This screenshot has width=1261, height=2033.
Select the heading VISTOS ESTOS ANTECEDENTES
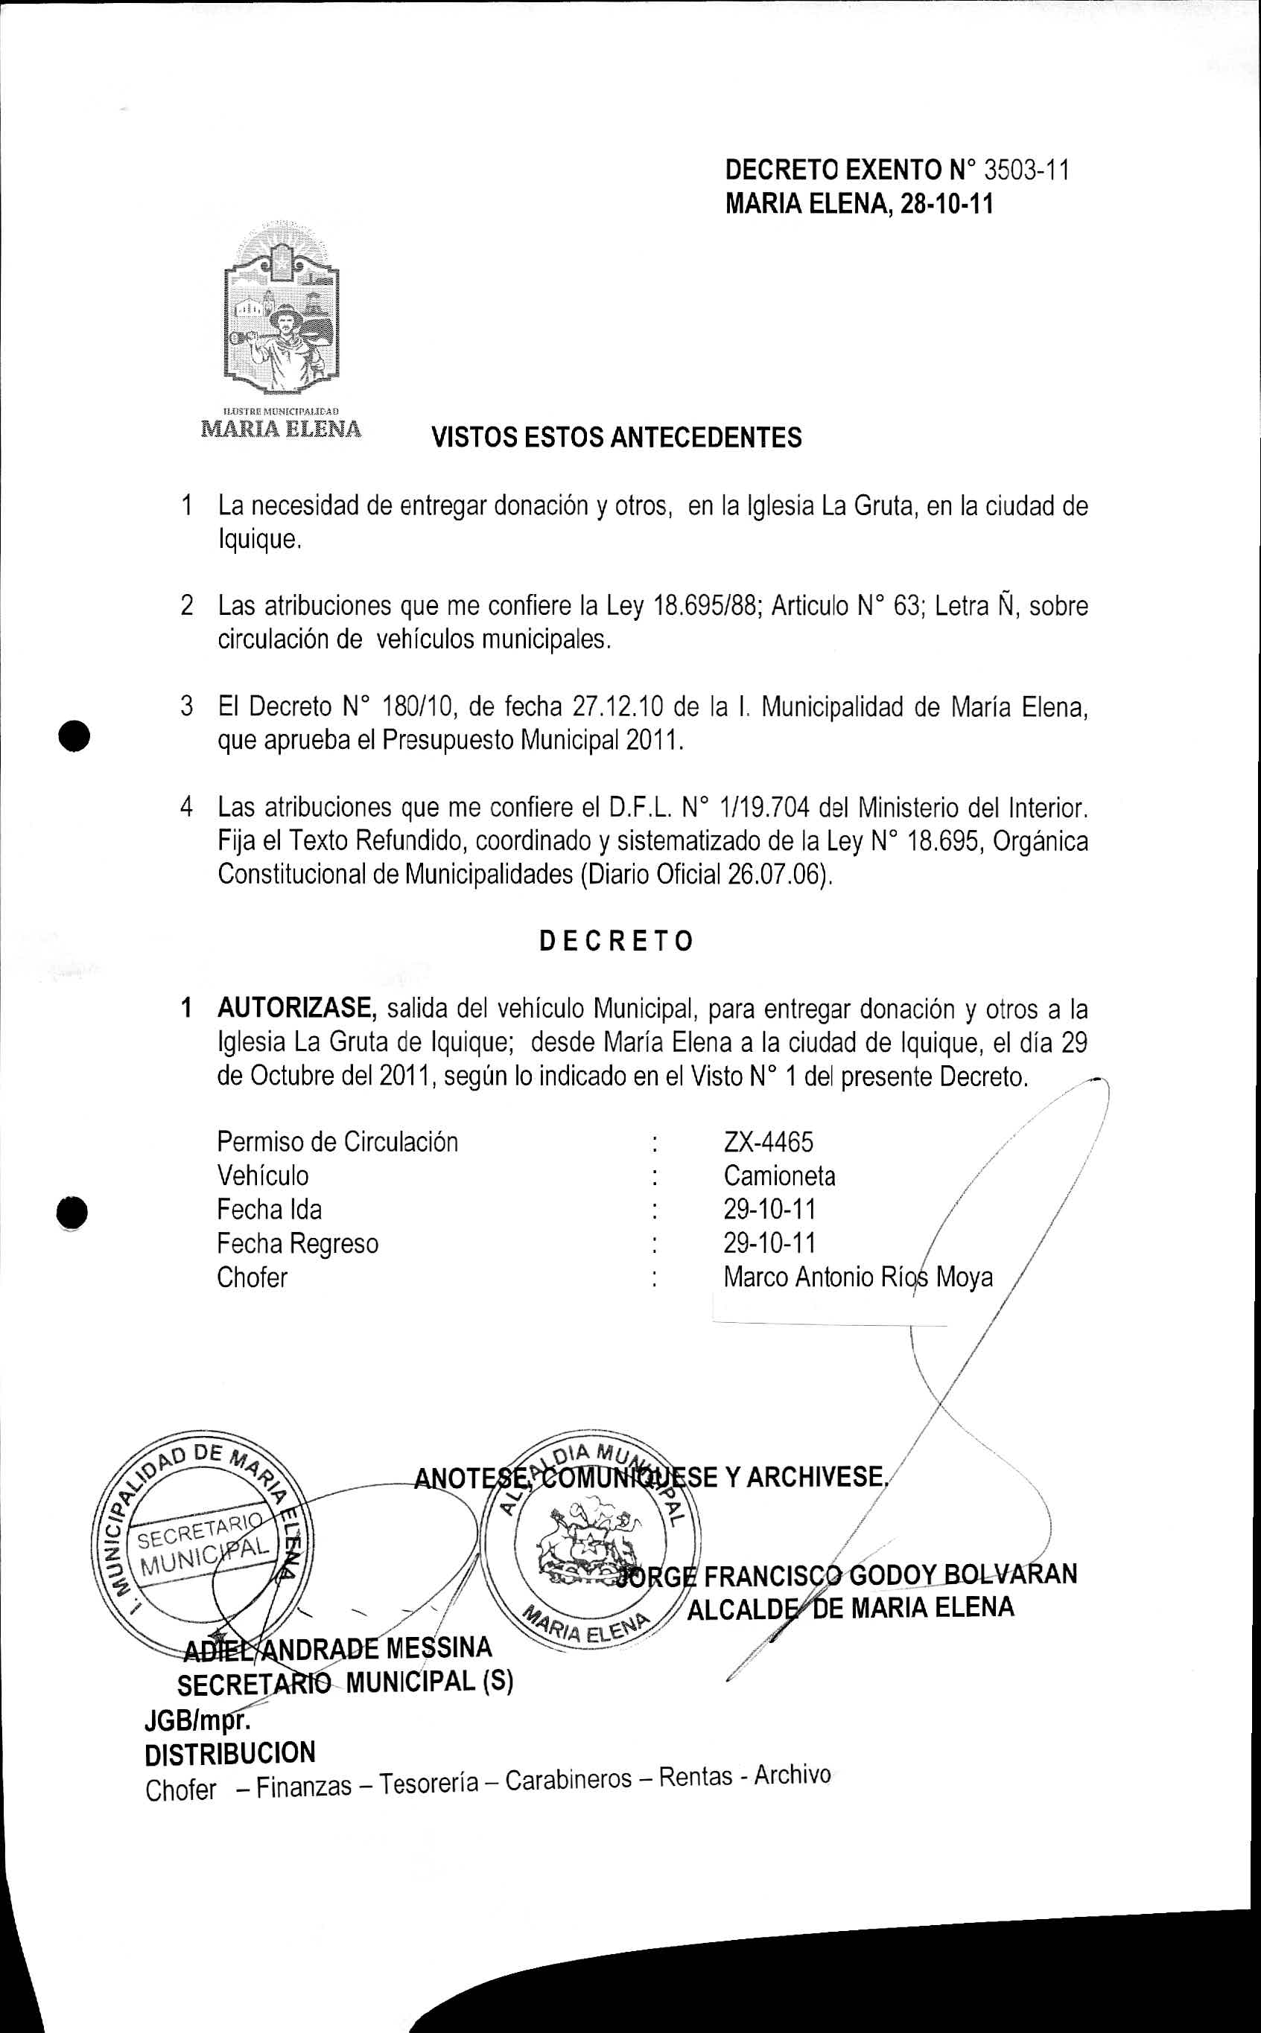[x=616, y=438]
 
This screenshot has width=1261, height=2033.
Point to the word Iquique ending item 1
[x=258, y=540]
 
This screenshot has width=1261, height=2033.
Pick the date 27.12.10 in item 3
[x=618, y=707]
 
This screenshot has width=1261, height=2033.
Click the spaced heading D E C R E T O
[x=616, y=941]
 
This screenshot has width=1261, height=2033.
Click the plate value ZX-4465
[x=768, y=1142]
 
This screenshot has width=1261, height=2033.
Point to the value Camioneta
[x=779, y=1176]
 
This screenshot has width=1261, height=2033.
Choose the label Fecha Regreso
[x=298, y=1244]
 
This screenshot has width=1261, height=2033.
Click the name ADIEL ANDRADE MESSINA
[x=337, y=1648]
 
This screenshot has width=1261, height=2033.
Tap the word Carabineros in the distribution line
[x=568, y=1780]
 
